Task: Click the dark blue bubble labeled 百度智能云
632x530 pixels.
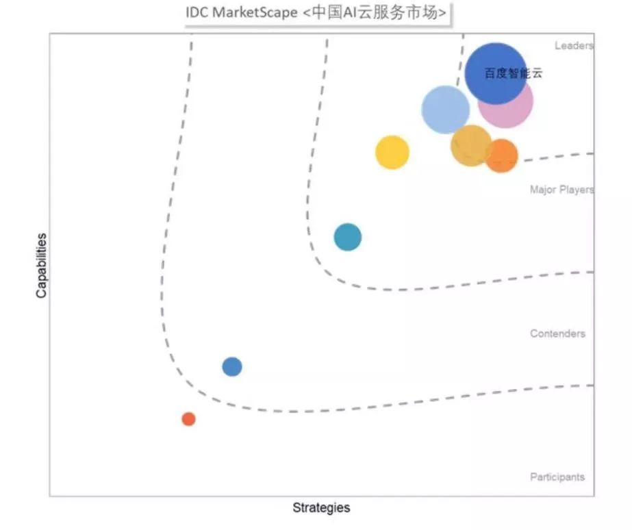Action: pyautogui.click(x=496, y=74)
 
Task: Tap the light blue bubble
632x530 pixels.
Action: pyautogui.click(x=445, y=110)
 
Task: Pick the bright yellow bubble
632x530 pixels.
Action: pyautogui.click(x=392, y=152)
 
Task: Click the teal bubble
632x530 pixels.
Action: pyautogui.click(x=347, y=237)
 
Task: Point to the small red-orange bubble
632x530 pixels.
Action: pyautogui.click(x=188, y=419)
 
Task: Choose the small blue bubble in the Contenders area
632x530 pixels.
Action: pyautogui.click(x=232, y=367)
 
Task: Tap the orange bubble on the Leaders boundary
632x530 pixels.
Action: pyautogui.click(x=502, y=156)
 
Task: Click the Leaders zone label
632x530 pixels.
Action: pyautogui.click(x=574, y=46)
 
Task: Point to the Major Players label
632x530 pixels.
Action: pyautogui.click(x=562, y=190)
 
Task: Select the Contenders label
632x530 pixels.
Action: pyautogui.click(x=557, y=333)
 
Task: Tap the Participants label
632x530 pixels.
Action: pyautogui.click(x=557, y=477)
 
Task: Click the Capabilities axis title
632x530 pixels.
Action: pyautogui.click(x=41, y=266)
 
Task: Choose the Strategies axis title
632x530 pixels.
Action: pyautogui.click(x=321, y=507)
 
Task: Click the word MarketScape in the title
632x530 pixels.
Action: pyautogui.click(x=255, y=12)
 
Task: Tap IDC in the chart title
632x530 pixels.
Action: pyautogui.click(x=197, y=12)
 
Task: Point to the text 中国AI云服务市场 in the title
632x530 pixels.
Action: pyautogui.click(x=375, y=12)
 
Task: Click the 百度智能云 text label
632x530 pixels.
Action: pyautogui.click(x=513, y=73)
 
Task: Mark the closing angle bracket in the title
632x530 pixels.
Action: pyautogui.click(x=442, y=13)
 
